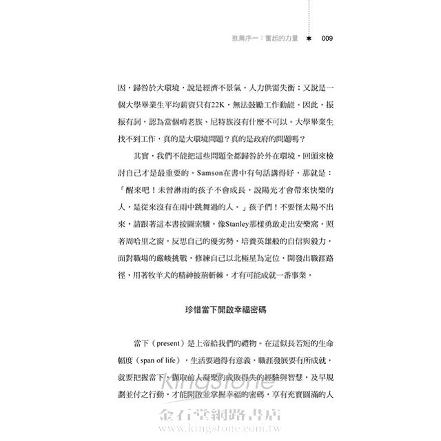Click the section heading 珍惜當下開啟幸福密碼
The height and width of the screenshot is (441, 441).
(x=220, y=309)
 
